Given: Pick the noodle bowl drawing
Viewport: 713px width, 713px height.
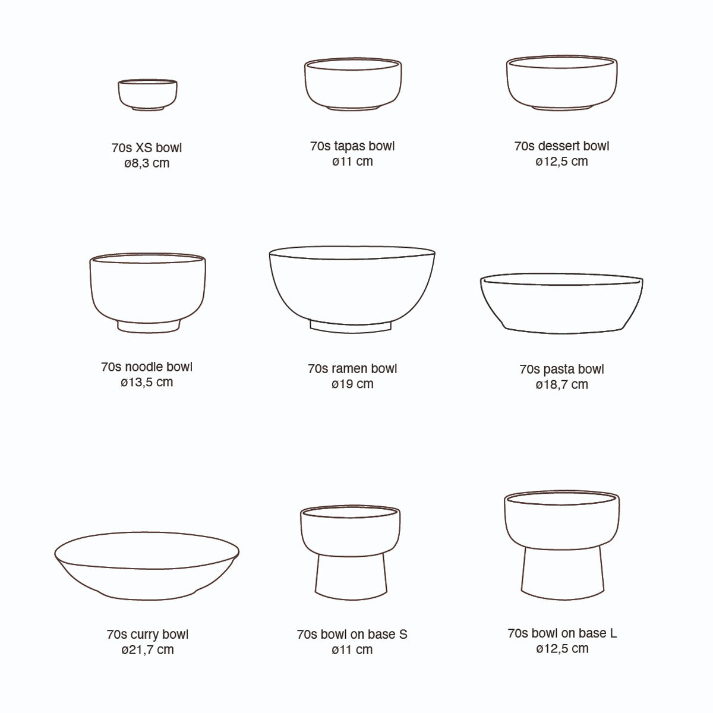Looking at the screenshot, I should [148, 288].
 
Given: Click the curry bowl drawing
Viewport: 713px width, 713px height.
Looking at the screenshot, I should [147, 564].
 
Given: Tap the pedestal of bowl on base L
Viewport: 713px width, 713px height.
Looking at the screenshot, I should [561, 570].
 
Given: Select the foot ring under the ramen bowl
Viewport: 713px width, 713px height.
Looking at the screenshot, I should [351, 325].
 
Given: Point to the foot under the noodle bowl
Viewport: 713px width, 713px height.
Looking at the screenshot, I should [149, 326].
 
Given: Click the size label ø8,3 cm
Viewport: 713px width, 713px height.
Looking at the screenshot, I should [147, 163].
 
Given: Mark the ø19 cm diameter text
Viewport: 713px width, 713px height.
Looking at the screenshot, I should [352, 384].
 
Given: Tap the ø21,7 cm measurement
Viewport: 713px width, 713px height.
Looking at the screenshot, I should [147, 649].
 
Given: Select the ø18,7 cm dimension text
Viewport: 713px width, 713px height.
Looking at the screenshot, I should [561, 384].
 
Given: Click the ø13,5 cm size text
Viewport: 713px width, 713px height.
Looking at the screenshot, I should [147, 382].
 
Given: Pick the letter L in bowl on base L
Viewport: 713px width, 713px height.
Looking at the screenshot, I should [613, 633].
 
